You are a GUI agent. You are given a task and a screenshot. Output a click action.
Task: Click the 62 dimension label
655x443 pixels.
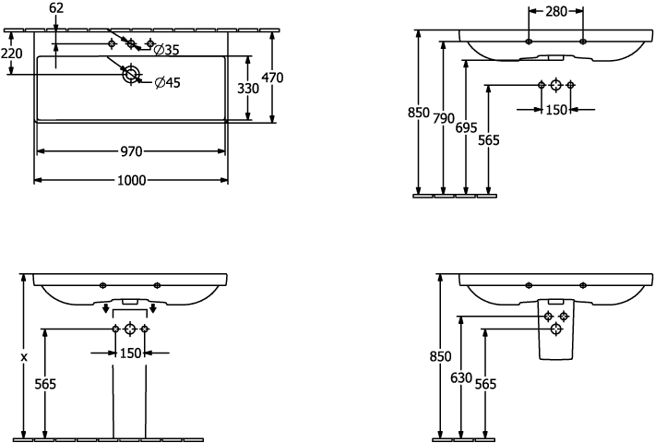(x=56, y=8)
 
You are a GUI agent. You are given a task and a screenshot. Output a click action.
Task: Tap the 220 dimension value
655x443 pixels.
(x=11, y=54)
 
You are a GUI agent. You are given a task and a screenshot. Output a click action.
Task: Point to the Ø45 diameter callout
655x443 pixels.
(x=167, y=83)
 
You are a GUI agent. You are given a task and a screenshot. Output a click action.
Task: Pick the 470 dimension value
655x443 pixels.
(x=272, y=78)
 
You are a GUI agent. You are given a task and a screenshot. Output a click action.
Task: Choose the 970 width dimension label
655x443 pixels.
(x=132, y=150)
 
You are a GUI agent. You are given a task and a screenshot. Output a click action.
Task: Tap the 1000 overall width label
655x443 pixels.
(x=131, y=181)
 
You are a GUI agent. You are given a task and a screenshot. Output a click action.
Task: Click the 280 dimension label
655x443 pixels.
(x=555, y=12)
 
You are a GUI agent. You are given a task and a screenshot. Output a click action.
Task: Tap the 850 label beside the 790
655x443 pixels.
(x=420, y=114)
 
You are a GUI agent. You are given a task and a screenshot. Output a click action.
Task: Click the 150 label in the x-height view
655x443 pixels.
(x=130, y=353)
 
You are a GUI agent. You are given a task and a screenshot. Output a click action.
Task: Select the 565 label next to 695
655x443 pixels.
(x=488, y=140)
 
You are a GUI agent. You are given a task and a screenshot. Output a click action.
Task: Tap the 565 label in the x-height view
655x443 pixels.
(x=44, y=384)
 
